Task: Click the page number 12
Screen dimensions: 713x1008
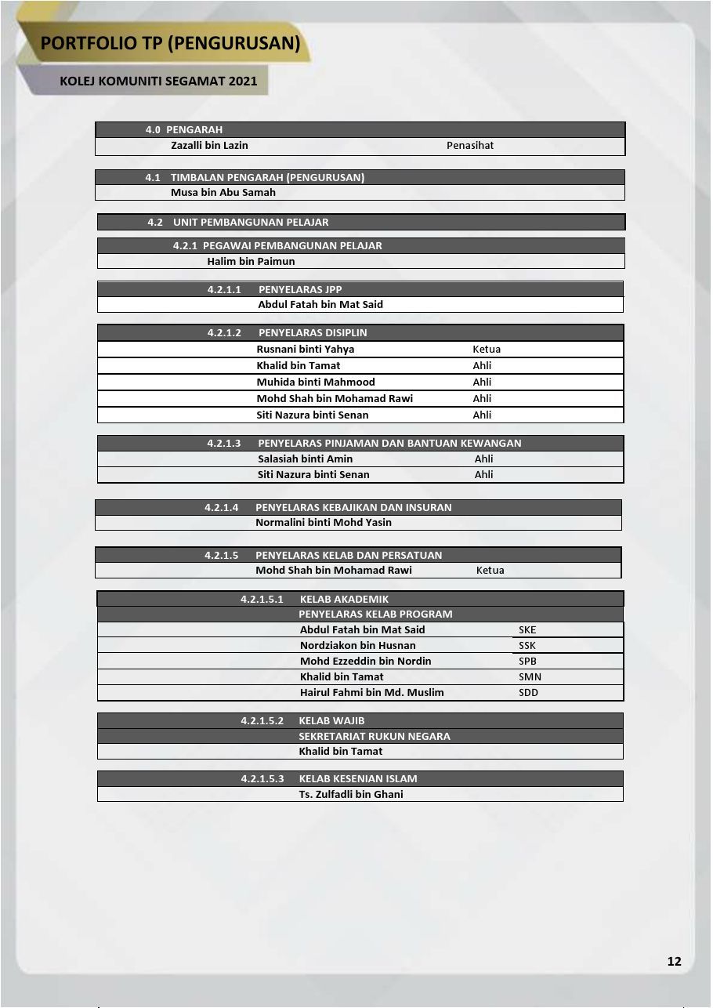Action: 674,962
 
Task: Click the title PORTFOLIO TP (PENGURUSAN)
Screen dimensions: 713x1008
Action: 171,43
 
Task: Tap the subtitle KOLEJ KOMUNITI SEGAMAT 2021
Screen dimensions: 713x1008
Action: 158,81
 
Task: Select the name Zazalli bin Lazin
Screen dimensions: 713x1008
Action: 209,145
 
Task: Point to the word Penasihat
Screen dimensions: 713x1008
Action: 470,145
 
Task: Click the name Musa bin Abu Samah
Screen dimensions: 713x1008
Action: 223,192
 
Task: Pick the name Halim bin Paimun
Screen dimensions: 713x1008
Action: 251,261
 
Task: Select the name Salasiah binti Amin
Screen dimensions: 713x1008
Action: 306,459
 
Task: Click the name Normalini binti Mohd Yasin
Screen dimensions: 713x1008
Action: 324,522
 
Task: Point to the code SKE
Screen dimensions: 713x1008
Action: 527,629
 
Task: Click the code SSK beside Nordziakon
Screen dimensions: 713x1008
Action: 527,645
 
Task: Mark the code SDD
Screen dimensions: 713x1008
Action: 528,692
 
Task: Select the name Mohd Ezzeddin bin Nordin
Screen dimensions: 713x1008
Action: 365,661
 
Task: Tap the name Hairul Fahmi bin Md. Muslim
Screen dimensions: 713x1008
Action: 371,692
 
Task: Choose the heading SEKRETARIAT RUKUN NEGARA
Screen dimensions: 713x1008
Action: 375,736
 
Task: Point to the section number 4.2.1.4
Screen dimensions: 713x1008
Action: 222,507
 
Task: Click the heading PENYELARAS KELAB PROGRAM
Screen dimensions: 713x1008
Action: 375,614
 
